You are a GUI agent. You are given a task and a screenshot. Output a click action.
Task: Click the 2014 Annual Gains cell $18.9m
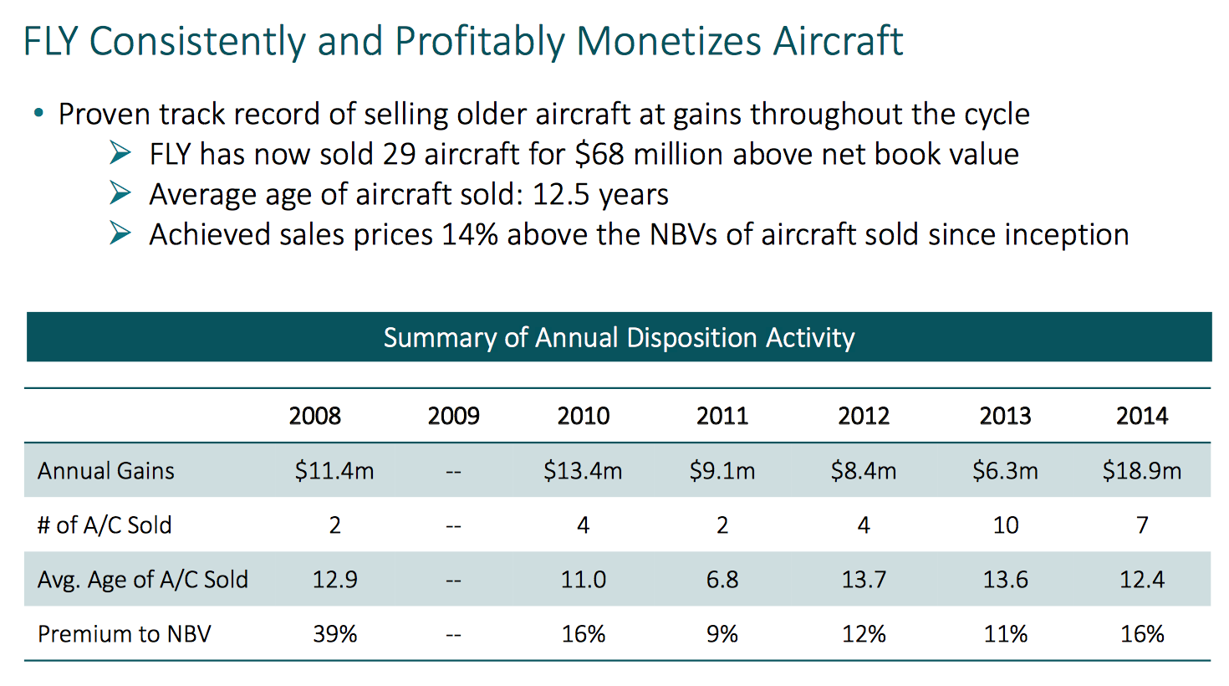1141,471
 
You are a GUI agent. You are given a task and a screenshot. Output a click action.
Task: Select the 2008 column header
314,416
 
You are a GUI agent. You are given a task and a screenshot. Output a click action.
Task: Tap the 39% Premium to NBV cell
334,634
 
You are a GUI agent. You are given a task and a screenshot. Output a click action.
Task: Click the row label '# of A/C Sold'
105,525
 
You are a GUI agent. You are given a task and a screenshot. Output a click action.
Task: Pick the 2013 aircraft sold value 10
1005,525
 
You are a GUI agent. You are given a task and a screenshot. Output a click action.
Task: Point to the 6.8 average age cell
722,580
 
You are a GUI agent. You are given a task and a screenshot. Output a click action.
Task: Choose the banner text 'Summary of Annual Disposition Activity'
619,338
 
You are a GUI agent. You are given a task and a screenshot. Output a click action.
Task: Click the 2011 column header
722,416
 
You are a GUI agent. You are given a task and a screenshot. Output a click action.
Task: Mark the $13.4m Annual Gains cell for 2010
583,471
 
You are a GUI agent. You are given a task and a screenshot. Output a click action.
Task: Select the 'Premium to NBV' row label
124,634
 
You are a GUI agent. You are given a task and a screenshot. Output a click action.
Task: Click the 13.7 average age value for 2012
863,580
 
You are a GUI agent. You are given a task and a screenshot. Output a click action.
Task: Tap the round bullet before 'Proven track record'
38,113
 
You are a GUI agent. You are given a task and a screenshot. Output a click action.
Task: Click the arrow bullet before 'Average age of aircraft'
120,193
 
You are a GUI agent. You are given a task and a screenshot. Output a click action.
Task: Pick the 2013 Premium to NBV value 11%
1005,634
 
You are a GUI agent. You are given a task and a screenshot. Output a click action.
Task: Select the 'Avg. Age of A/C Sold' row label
142,580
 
